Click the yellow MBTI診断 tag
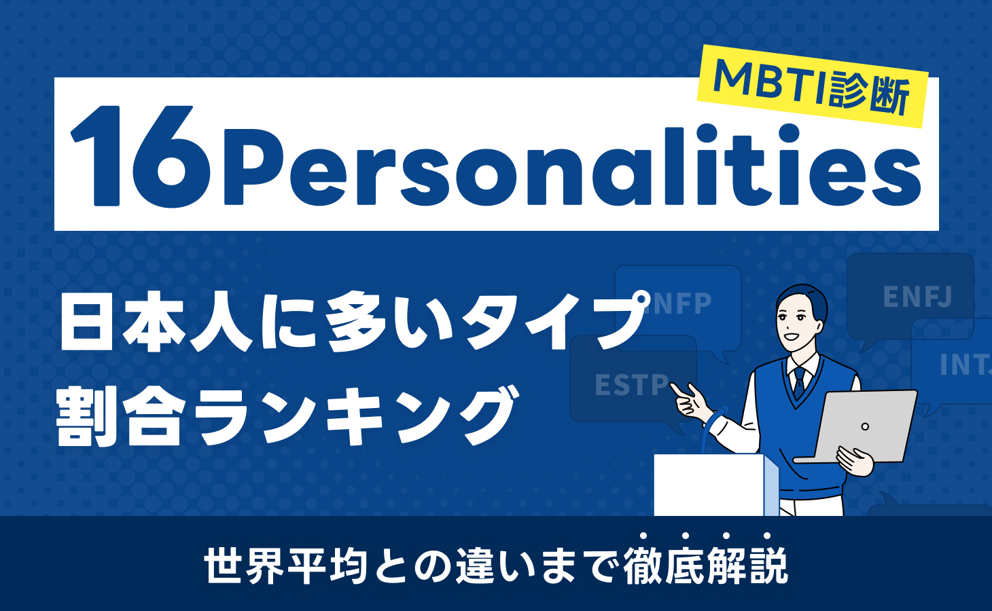click(812, 87)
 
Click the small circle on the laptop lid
click(865, 426)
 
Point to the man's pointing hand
click(688, 398)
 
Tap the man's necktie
click(799, 382)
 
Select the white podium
click(713, 485)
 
